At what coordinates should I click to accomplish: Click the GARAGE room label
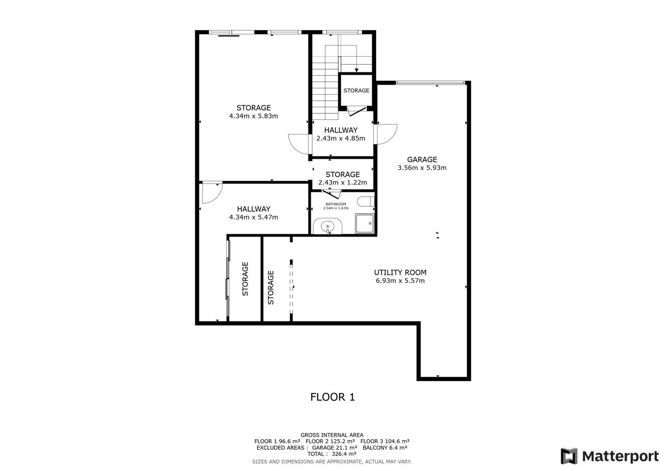(422, 159)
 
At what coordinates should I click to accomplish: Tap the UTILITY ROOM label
(400, 272)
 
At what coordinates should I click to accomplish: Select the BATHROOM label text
(335, 204)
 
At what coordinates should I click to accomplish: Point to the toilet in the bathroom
(365, 202)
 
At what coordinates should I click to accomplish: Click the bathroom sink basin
(327, 227)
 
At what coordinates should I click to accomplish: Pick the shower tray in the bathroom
(365, 223)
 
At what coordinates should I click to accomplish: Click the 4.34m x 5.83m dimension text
(253, 116)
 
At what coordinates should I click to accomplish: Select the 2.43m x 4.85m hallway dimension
(341, 138)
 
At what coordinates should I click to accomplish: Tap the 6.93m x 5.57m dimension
(400, 281)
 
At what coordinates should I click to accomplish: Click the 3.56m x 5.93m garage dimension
(422, 168)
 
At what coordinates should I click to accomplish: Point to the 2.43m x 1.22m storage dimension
(343, 183)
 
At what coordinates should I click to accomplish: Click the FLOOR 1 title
(333, 397)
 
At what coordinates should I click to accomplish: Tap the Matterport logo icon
(569, 456)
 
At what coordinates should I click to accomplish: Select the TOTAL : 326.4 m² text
(332, 454)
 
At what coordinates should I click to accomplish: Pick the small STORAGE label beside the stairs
(356, 90)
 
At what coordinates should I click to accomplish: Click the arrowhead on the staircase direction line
(356, 70)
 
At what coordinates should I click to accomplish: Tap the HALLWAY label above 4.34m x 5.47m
(253, 209)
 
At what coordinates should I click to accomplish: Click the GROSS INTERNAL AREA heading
(332, 435)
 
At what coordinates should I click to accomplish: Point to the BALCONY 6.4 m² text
(385, 448)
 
